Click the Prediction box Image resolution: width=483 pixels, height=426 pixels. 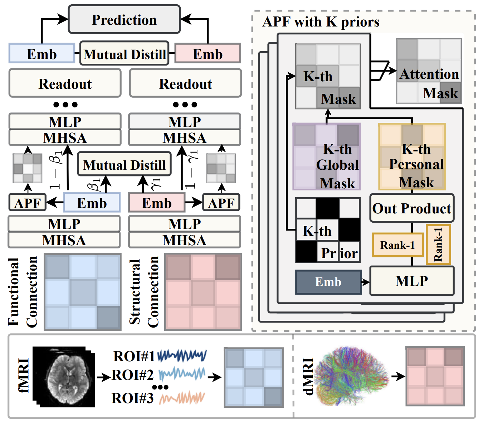pyautogui.click(x=124, y=20)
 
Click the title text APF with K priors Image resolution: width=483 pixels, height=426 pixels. pyautogui.click(x=321, y=22)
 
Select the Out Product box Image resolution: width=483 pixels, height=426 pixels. pyautogui.click(x=412, y=208)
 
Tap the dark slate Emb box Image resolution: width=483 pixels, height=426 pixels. pyautogui.click(x=328, y=282)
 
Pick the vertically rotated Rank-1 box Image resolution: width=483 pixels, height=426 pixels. pyautogui.click(x=438, y=245)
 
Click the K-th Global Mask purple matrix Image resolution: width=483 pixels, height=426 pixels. pyautogui.click(x=327, y=156)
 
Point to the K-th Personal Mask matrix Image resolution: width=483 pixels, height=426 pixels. pyautogui.click(x=412, y=156)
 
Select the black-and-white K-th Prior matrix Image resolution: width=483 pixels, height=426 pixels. pyautogui.click(x=328, y=230)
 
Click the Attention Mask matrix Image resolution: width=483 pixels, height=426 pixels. pyautogui.click(x=429, y=71)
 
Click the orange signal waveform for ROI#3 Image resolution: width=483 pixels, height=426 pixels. pyautogui.click(x=182, y=398)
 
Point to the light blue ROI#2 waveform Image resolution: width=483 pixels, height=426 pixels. pyautogui.click(x=182, y=374)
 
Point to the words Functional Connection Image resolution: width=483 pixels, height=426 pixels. pyautogui.click(x=23, y=291)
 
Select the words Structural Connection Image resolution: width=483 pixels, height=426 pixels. pyautogui.click(x=144, y=292)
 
